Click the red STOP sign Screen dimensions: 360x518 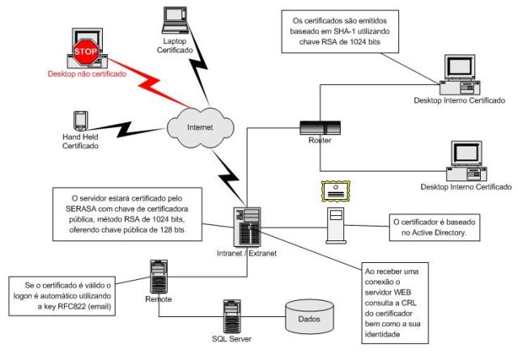click(x=87, y=52)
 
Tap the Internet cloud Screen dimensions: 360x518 click(x=191, y=126)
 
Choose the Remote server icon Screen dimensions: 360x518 click(x=159, y=274)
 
